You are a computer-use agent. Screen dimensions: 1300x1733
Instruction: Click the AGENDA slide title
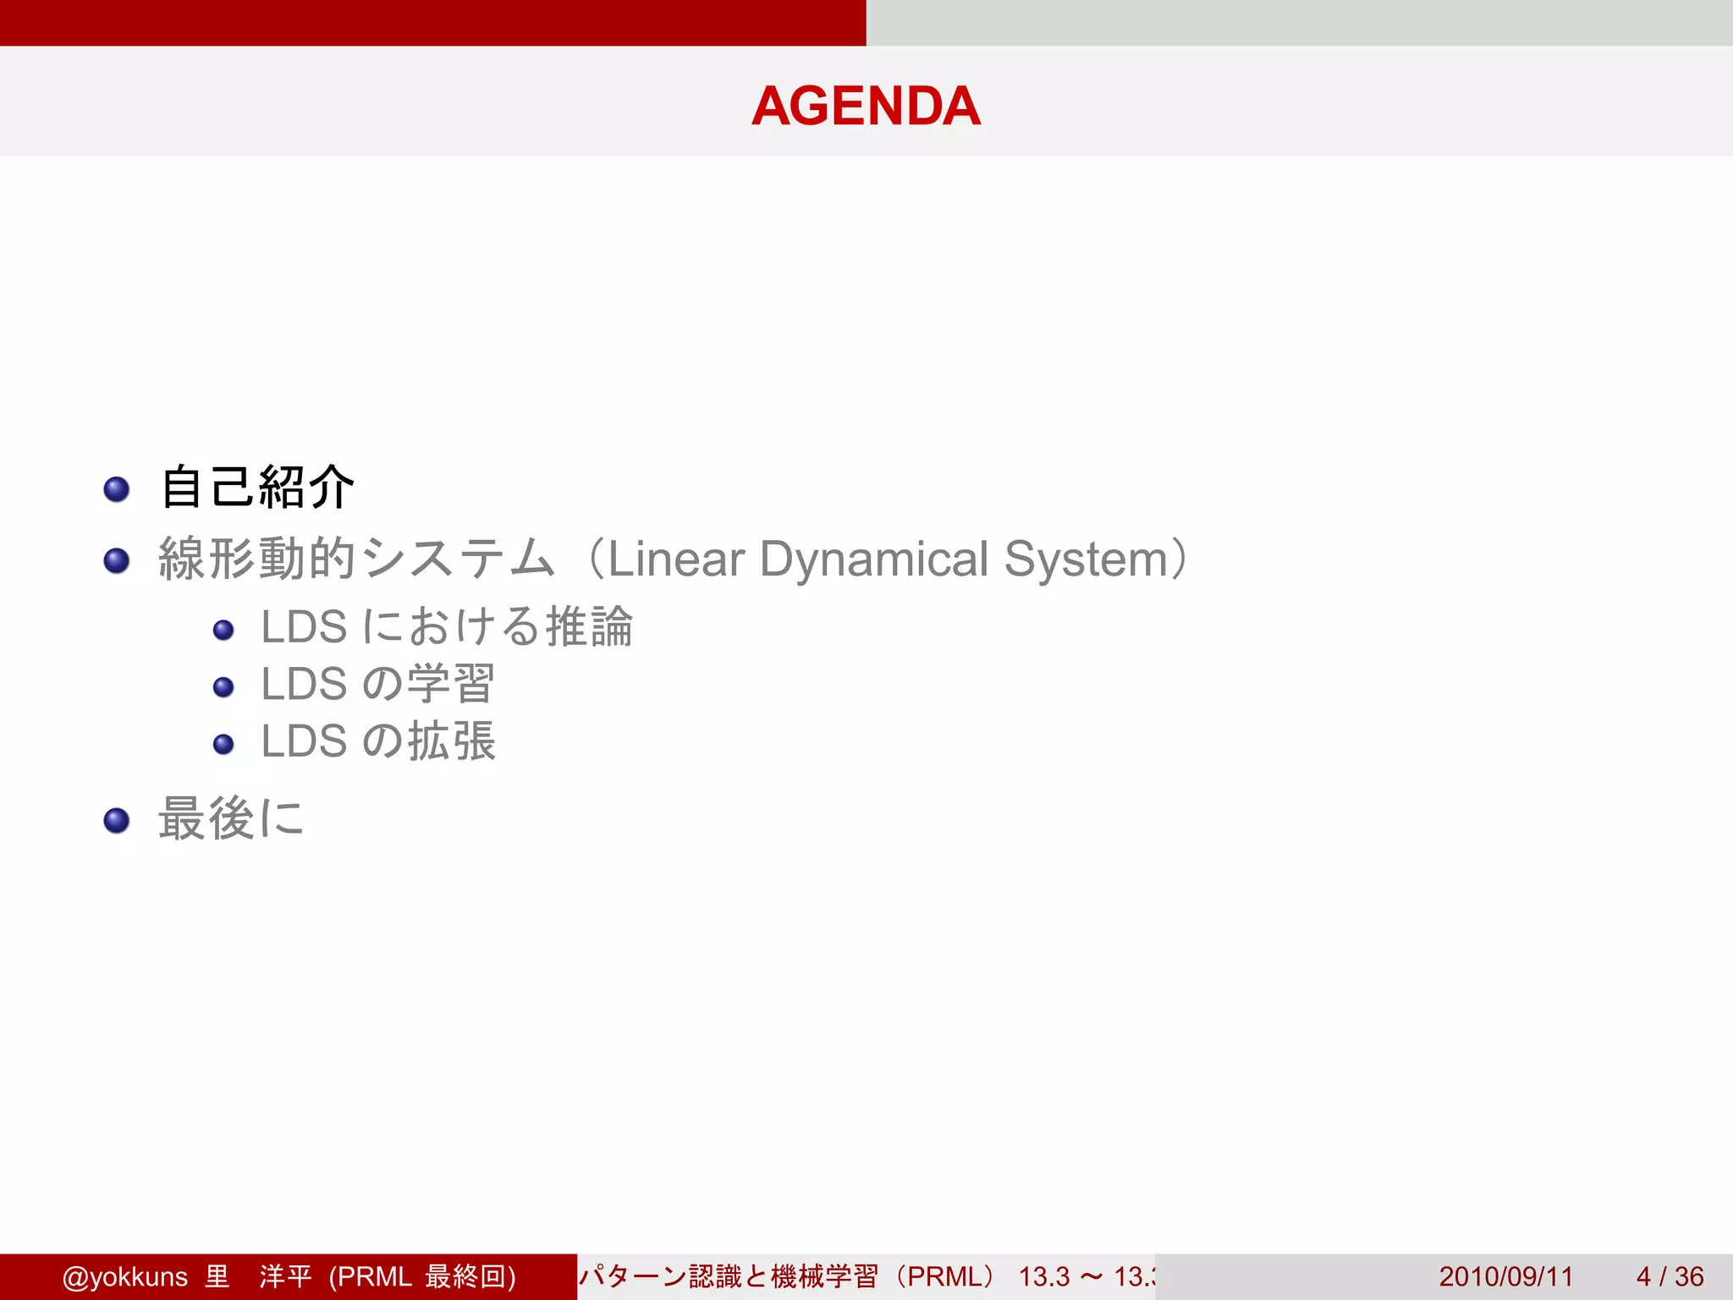(866, 106)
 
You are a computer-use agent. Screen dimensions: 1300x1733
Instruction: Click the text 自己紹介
(257, 487)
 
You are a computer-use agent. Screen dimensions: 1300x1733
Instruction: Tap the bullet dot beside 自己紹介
(117, 489)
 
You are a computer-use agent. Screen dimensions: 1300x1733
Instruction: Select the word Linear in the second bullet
(676, 559)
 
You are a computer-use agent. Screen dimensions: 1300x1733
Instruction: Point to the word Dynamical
(873, 559)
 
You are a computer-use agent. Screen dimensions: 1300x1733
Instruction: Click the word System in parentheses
(1086, 559)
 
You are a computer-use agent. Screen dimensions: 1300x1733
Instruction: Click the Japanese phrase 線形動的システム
(355, 559)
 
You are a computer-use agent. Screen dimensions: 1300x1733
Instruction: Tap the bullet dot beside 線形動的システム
(117, 560)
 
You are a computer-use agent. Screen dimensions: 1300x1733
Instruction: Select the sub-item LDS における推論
(446, 627)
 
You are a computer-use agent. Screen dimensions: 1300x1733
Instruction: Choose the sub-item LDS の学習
(377, 684)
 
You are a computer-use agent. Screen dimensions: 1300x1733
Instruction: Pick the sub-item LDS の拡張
(377, 741)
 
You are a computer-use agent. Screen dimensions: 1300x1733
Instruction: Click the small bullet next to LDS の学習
(223, 686)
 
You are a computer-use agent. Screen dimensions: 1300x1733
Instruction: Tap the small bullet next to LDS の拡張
(223, 744)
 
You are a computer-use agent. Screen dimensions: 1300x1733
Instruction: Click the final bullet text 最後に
(230, 818)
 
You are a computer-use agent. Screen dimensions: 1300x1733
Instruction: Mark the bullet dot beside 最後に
(117, 820)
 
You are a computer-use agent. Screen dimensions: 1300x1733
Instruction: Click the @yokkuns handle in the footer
(124, 1276)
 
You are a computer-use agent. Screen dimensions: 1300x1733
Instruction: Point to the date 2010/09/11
(1505, 1276)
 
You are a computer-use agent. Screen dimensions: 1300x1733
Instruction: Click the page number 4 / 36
(1670, 1276)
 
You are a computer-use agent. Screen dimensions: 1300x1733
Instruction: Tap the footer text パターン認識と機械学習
(729, 1276)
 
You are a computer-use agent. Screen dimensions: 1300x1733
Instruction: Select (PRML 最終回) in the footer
(422, 1276)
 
